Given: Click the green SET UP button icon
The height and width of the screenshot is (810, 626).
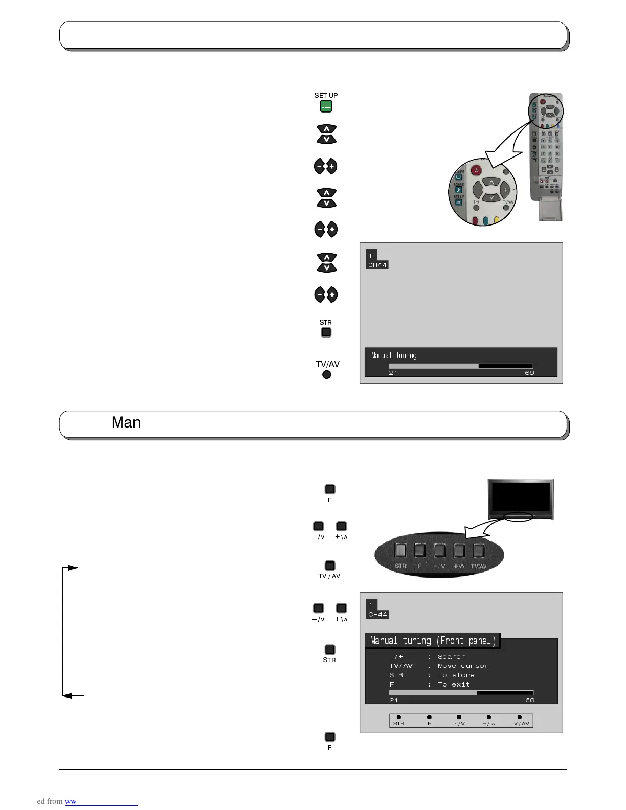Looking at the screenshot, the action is click(326, 106).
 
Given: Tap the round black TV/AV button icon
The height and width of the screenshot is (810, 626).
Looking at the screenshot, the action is click(327, 374).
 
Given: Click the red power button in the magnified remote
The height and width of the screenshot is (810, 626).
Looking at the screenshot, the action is click(476, 170).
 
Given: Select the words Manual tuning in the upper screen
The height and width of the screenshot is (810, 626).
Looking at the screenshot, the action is click(394, 355).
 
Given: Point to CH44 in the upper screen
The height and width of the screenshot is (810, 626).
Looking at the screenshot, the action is click(377, 265).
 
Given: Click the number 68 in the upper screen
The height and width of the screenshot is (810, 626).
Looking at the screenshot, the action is click(529, 373).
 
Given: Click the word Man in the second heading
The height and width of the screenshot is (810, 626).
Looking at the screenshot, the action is click(126, 422).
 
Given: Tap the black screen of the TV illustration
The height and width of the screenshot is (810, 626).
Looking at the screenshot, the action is click(520, 498).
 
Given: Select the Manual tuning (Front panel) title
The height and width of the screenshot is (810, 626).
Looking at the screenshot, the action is click(433, 641).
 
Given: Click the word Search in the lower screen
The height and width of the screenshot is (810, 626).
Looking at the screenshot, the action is click(452, 657).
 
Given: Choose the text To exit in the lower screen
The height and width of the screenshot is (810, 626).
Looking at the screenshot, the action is click(454, 684).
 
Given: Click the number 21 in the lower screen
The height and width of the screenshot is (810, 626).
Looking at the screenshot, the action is click(393, 700).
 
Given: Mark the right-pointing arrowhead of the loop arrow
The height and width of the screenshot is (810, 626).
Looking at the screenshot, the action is click(73, 568).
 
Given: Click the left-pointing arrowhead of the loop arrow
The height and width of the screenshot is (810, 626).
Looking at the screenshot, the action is click(66, 695).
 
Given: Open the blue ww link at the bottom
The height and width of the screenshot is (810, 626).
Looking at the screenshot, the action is click(71, 801).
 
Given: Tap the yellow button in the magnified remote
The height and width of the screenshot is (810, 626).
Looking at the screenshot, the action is click(496, 221).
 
